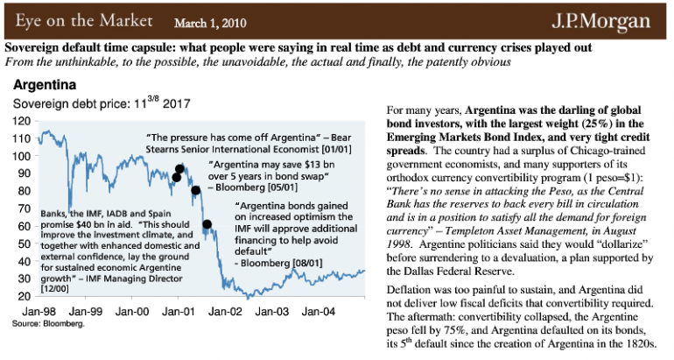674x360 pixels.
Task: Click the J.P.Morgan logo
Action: (613, 19)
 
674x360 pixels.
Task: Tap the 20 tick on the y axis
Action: (23, 296)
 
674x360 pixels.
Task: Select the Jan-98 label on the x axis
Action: (39, 311)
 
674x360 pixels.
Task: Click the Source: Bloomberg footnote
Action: (47, 323)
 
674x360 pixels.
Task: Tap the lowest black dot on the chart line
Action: (207, 224)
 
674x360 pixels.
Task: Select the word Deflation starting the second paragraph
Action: (412, 289)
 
